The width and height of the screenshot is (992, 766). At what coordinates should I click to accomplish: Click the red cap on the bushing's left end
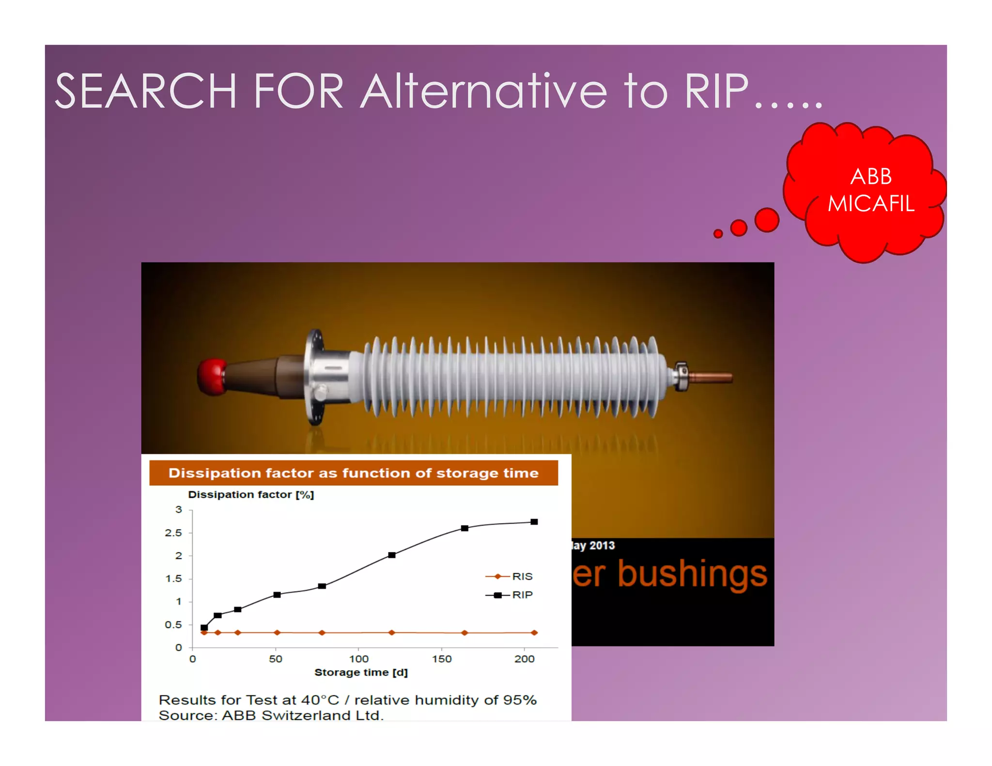tap(211, 377)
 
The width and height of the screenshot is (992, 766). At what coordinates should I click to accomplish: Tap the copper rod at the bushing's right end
tap(711, 377)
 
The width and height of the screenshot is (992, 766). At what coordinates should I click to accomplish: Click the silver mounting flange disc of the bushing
tap(315, 377)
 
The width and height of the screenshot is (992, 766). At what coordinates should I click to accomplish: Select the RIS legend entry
tap(510, 576)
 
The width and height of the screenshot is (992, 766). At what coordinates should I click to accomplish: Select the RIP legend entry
tap(510, 595)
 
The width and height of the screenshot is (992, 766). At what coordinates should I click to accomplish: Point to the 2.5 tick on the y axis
tap(173, 533)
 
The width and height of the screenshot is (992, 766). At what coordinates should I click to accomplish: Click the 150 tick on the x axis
tap(442, 659)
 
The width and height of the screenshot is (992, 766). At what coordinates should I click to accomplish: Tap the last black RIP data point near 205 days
tap(534, 522)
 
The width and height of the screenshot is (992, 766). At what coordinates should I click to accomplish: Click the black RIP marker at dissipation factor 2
tap(392, 555)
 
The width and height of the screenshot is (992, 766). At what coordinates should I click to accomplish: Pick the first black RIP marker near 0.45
tap(204, 628)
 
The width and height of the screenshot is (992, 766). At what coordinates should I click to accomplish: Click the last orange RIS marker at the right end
tap(534, 632)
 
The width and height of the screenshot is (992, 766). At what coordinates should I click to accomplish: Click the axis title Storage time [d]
tap(361, 673)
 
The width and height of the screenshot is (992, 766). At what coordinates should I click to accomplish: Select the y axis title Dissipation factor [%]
tap(251, 494)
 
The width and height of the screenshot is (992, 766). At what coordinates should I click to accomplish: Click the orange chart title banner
tap(353, 473)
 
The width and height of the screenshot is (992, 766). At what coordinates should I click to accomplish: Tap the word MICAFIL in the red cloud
tap(871, 203)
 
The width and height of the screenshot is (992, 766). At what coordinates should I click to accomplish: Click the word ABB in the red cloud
tap(871, 176)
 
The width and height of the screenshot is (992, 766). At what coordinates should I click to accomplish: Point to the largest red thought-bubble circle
tap(767, 220)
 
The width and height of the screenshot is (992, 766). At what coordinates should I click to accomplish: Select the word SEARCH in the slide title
tap(145, 91)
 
